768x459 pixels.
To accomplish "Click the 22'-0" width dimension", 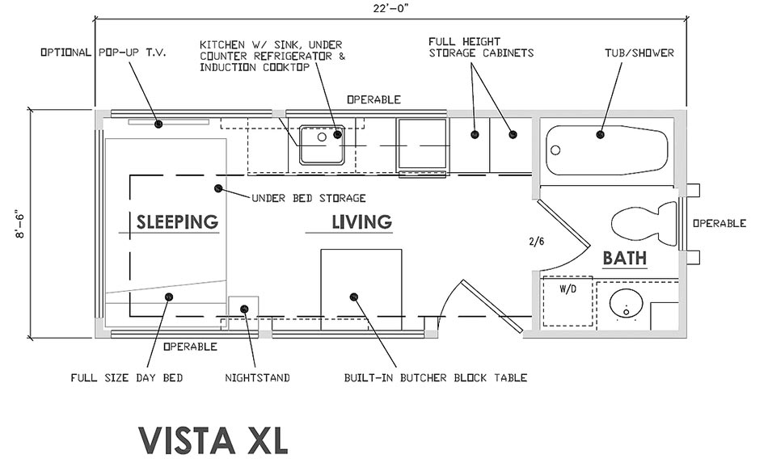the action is tap(391, 8).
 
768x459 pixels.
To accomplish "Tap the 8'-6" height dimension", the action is tap(20, 225).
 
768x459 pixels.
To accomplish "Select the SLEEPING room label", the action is tap(177, 222).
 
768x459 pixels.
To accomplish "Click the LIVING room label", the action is tap(362, 222).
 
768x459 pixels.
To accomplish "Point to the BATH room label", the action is tap(624, 258).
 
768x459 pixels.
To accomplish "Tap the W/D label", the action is tap(568, 289).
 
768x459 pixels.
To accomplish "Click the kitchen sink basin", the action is tap(322, 145).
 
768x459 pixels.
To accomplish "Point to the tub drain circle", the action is tap(555, 150).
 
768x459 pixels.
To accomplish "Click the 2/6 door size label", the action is tap(536, 241).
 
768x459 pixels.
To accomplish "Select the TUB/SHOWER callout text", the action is tap(639, 53).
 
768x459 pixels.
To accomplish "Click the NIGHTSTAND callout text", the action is tap(257, 378).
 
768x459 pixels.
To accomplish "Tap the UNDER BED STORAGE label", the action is tap(309, 199).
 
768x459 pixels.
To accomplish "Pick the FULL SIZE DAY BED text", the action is tap(127, 378).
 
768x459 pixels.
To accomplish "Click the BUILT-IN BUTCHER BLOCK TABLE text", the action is tap(436, 378).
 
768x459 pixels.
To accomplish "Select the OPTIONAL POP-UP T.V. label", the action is tap(103, 53).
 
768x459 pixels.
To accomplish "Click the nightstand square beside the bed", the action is tap(243, 309).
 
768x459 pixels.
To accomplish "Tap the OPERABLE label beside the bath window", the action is tap(719, 223).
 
